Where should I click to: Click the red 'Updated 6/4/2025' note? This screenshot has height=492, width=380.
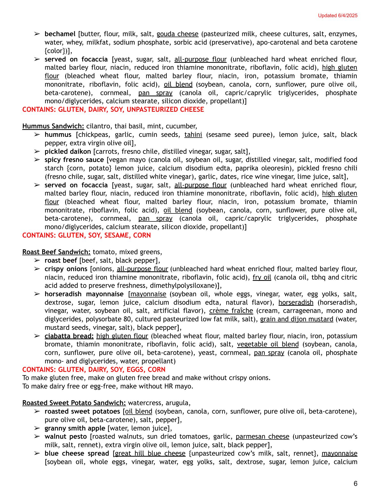337,16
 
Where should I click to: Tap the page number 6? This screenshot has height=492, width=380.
355,484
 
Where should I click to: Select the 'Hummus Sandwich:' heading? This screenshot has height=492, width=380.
53,126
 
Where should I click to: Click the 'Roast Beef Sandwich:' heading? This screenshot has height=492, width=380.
56,252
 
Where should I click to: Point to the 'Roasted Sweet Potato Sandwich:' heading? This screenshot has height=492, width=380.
74,403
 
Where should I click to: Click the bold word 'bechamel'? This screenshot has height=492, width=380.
60,34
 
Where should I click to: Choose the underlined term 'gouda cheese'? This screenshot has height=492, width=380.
177,34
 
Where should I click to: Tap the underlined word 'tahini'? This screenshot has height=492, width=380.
193,135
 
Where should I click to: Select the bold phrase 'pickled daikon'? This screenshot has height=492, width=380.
68,151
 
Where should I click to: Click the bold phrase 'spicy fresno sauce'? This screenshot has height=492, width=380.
74,160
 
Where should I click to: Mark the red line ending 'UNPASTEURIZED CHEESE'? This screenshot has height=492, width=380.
113,109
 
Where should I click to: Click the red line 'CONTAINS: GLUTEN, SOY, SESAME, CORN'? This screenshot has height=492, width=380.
87,235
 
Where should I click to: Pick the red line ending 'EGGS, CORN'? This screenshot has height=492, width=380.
94,370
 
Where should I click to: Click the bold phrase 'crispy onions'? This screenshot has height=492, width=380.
66,269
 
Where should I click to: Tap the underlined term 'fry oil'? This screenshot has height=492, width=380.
262,277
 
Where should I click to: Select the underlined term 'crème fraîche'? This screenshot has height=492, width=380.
231,311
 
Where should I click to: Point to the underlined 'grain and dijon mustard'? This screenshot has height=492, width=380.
297,319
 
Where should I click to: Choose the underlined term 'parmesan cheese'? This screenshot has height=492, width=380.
262,436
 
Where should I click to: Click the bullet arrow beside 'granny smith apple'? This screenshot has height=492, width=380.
37,428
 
